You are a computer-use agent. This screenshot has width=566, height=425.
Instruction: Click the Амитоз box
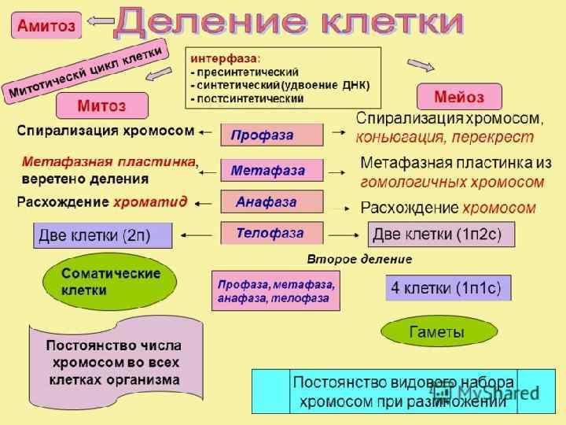coord(46,27)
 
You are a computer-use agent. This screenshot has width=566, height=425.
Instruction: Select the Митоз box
coord(101,105)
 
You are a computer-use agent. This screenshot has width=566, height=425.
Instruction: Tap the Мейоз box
coord(460,97)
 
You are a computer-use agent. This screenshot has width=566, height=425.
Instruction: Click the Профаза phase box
coord(271,135)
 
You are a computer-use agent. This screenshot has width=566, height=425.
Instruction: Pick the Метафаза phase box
coord(271,170)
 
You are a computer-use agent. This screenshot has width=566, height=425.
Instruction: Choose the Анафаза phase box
coord(271,202)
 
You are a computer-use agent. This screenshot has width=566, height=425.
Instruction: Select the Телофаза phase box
coord(271,233)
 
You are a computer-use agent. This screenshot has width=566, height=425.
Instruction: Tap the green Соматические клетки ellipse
coord(110,282)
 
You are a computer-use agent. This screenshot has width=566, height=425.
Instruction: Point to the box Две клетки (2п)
coord(102,235)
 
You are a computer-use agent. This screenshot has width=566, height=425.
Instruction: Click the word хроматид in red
coord(150,202)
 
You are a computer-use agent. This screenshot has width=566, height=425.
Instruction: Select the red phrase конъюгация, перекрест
coord(444,137)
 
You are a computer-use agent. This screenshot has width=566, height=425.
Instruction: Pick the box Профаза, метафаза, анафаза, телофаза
coord(275,290)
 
